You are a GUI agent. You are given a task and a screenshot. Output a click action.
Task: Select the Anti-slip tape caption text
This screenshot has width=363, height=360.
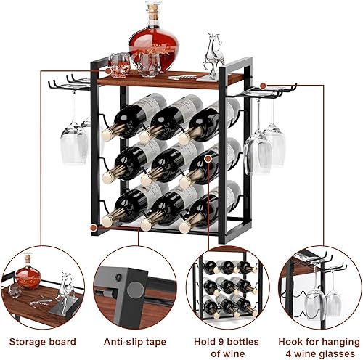coord(134,320)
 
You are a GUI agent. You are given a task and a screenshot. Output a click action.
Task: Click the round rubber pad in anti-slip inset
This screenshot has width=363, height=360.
coord(136,288)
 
